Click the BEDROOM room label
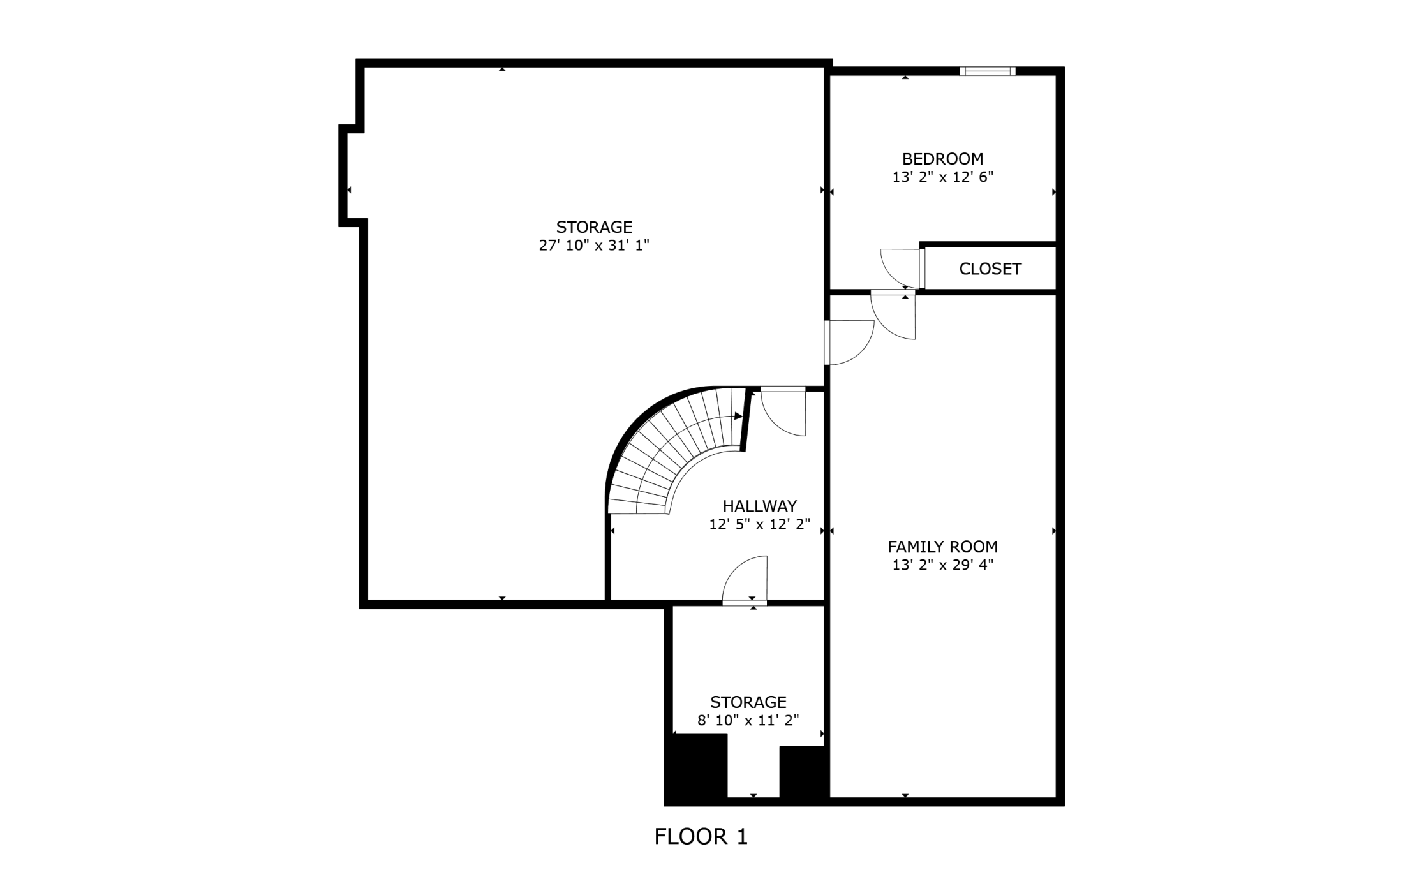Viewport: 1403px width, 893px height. (942, 159)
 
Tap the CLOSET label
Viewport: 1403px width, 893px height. (990, 269)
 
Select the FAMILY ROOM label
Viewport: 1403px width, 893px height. (942, 547)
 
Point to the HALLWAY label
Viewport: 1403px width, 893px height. (759, 506)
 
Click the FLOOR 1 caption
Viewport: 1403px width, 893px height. (701, 836)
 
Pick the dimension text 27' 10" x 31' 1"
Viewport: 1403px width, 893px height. (594, 246)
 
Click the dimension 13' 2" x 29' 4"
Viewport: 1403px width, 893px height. (942, 565)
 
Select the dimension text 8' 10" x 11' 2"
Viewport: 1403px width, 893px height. (748, 721)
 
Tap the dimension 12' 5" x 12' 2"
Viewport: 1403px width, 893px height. (759, 524)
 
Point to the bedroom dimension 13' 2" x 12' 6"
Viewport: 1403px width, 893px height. (942, 177)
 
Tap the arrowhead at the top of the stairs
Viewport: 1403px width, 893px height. (739, 417)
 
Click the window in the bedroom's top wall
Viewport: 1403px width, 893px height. (988, 71)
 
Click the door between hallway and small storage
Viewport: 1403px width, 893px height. (745, 579)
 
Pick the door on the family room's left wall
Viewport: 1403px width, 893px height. (849, 343)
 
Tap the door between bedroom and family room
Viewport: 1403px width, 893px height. (893, 314)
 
